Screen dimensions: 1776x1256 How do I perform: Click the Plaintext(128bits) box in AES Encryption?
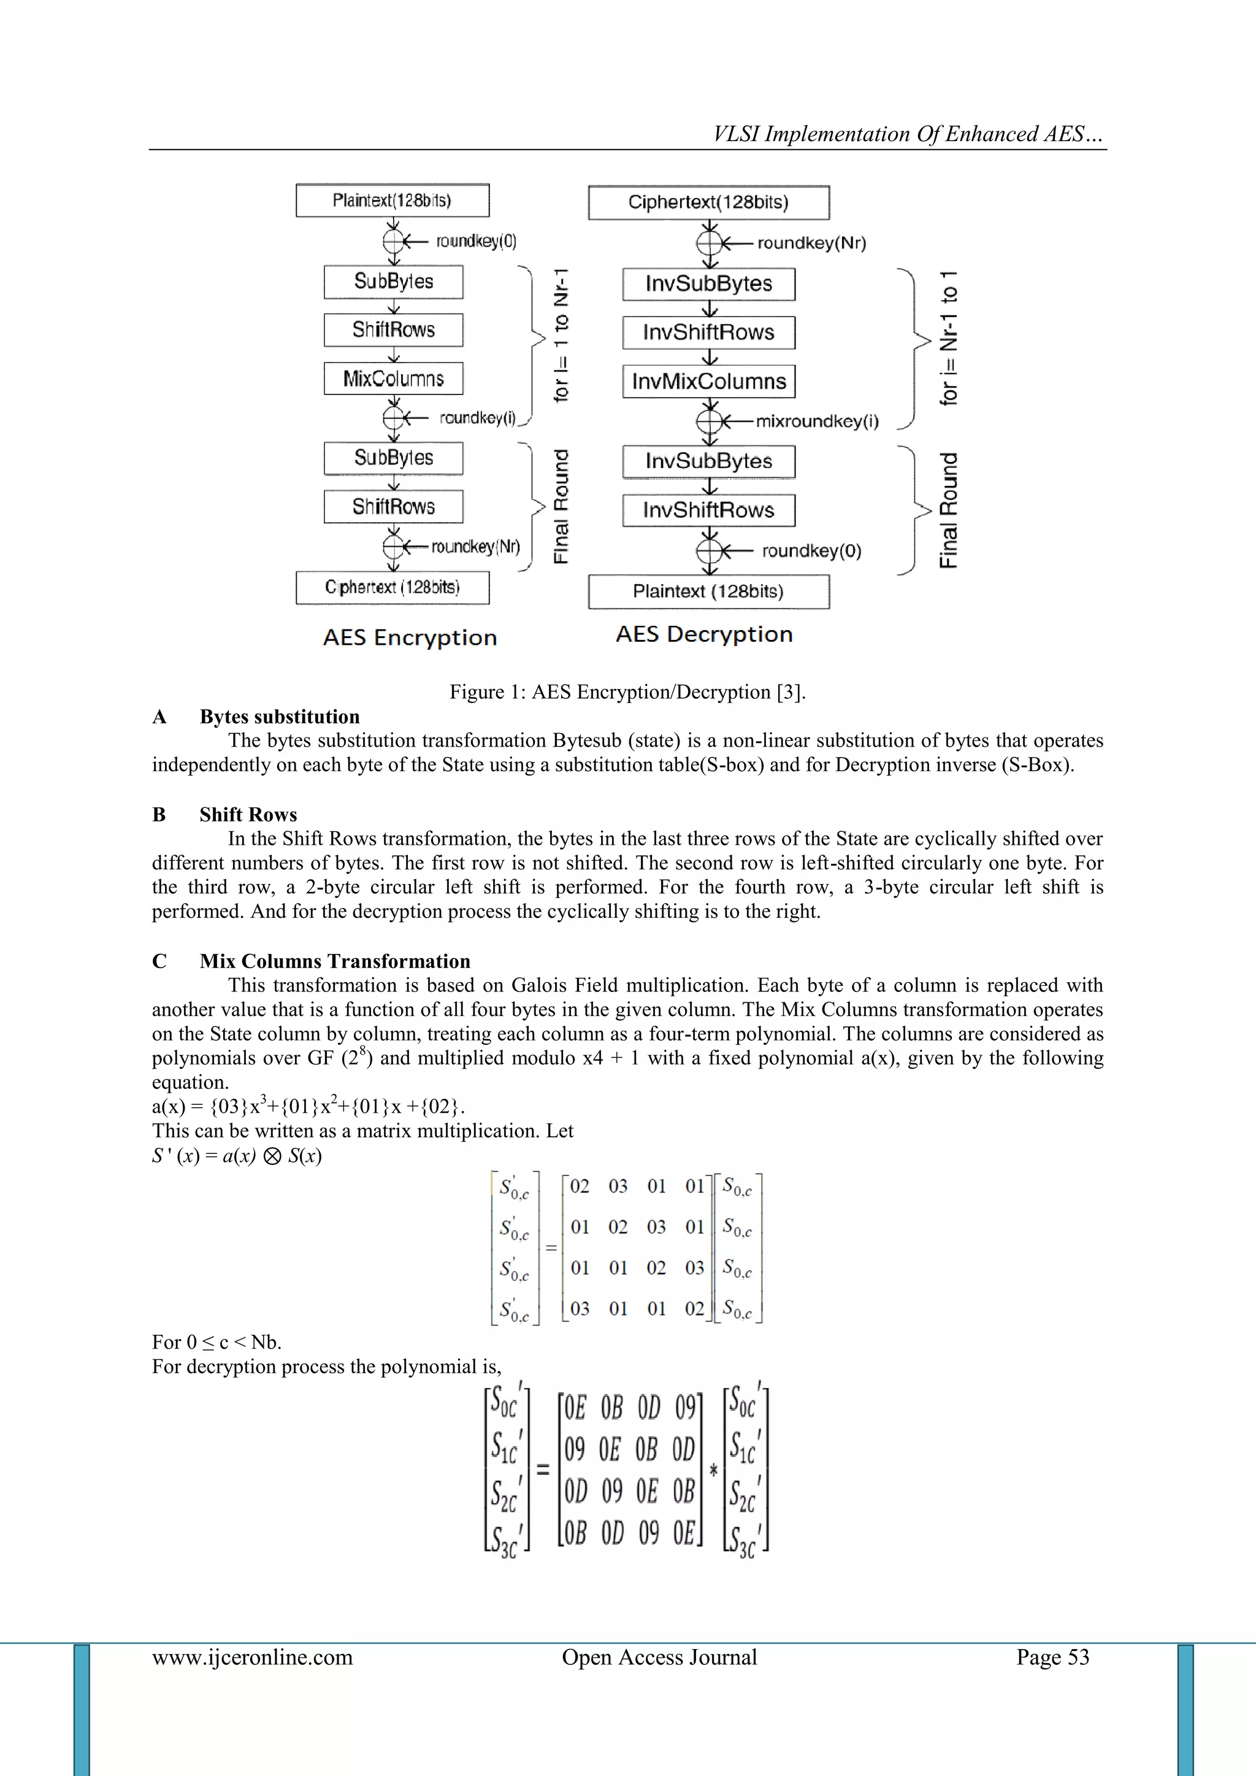point(392,201)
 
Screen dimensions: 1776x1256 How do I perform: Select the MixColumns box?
point(393,379)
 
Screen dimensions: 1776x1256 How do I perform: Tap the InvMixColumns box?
point(708,382)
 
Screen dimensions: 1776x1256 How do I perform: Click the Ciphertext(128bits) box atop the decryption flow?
point(708,202)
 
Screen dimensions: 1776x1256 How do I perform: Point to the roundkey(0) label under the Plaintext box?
point(476,241)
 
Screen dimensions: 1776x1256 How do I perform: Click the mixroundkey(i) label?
point(817,421)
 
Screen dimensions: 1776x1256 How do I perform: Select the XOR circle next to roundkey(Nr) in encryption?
point(394,547)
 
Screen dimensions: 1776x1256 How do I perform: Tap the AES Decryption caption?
point(704,634)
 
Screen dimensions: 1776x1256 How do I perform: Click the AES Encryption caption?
point(410,637)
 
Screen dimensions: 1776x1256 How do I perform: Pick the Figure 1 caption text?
point(627,691)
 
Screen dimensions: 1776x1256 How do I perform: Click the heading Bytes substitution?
point(279,717)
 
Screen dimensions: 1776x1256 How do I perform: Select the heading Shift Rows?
point(248,815)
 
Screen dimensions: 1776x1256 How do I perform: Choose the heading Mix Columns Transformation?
point(334,961)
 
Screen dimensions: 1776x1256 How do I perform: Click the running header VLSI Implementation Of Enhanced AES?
point(908,134)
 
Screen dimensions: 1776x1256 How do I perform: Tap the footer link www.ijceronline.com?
point(252,1657)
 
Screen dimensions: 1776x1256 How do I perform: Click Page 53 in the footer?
point(1052,1657)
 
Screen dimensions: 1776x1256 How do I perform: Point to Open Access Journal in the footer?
point(659,1657)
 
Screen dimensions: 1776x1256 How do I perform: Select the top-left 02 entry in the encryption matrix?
point(580,1186)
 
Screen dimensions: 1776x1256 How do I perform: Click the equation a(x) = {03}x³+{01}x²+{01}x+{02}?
point(308,1106)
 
